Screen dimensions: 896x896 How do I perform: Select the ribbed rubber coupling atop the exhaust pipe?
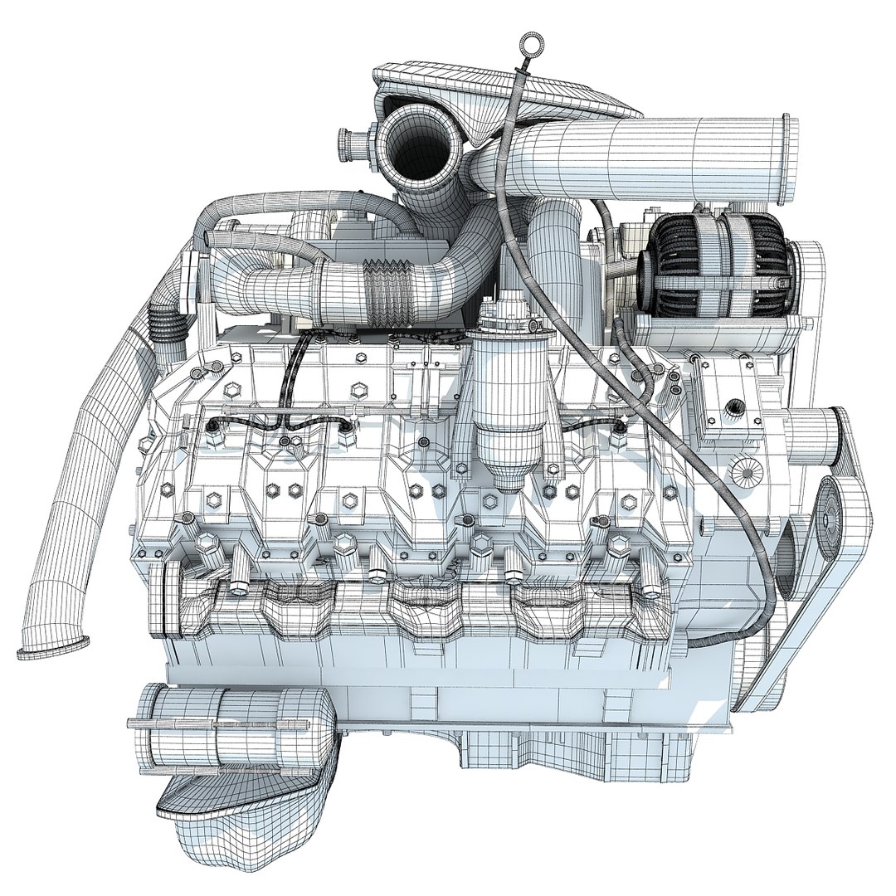160,323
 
